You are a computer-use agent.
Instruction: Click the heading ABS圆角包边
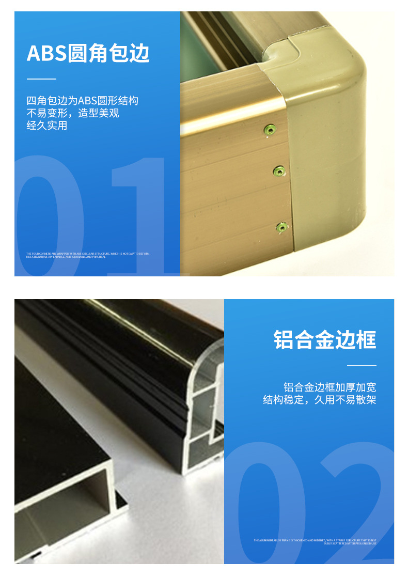[x=88, y=54]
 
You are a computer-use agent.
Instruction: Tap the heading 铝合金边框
[x=325, y=340]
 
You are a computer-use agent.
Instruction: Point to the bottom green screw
[x=281, y=227]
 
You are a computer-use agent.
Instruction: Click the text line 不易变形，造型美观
[x=73, y=113]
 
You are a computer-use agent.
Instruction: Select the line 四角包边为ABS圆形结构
[x=83, y=101]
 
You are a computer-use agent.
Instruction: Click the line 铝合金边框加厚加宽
[x=329, y=387]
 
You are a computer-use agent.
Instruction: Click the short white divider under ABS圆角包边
[x=41, y=79]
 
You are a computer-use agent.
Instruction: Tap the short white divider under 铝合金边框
[x=362, y=366]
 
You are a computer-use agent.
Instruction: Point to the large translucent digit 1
[x=139, y=217]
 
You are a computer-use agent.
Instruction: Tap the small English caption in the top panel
[x=88, y=255]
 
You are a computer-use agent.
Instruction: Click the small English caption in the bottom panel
[x=315, y=542]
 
